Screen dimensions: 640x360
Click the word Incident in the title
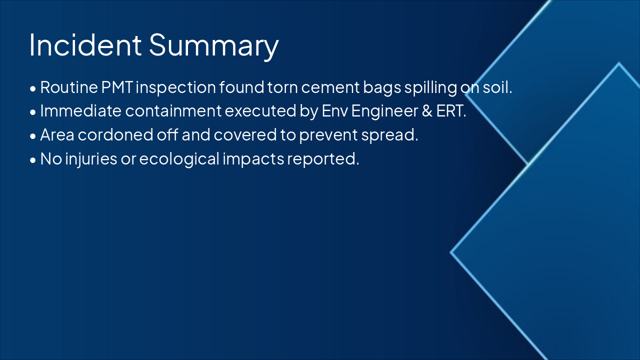[85, 45]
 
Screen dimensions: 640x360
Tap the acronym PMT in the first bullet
[117, 87]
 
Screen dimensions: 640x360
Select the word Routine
[69, 87]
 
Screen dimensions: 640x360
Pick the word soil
[497, 87]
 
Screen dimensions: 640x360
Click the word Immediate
[81, 111]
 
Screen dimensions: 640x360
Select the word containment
[173, 111]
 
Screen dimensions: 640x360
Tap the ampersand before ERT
[427, 111]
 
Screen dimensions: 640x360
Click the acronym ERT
[451, 111]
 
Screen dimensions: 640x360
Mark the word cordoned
[115, 134]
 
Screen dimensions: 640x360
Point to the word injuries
[91, 159]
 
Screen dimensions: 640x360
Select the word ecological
[179, 159]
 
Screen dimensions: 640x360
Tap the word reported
[323, 159]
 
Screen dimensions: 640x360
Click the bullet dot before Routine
[33, 89]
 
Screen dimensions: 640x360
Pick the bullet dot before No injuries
[33, 160]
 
